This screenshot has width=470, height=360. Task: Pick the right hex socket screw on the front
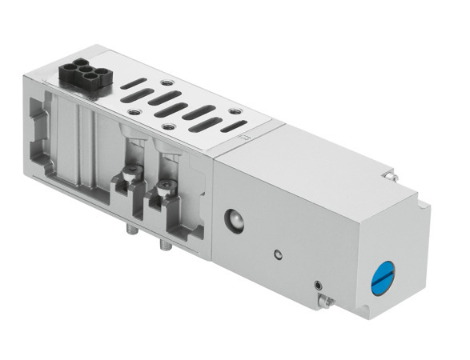click(x=167, y=189)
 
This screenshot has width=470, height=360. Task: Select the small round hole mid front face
click(x=277, y=255)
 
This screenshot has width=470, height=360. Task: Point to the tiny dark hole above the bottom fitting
click(x=319, y=282)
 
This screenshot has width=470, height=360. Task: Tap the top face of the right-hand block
click(x=320, y=152)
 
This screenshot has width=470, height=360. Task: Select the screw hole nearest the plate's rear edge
click(x=167, y=82)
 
